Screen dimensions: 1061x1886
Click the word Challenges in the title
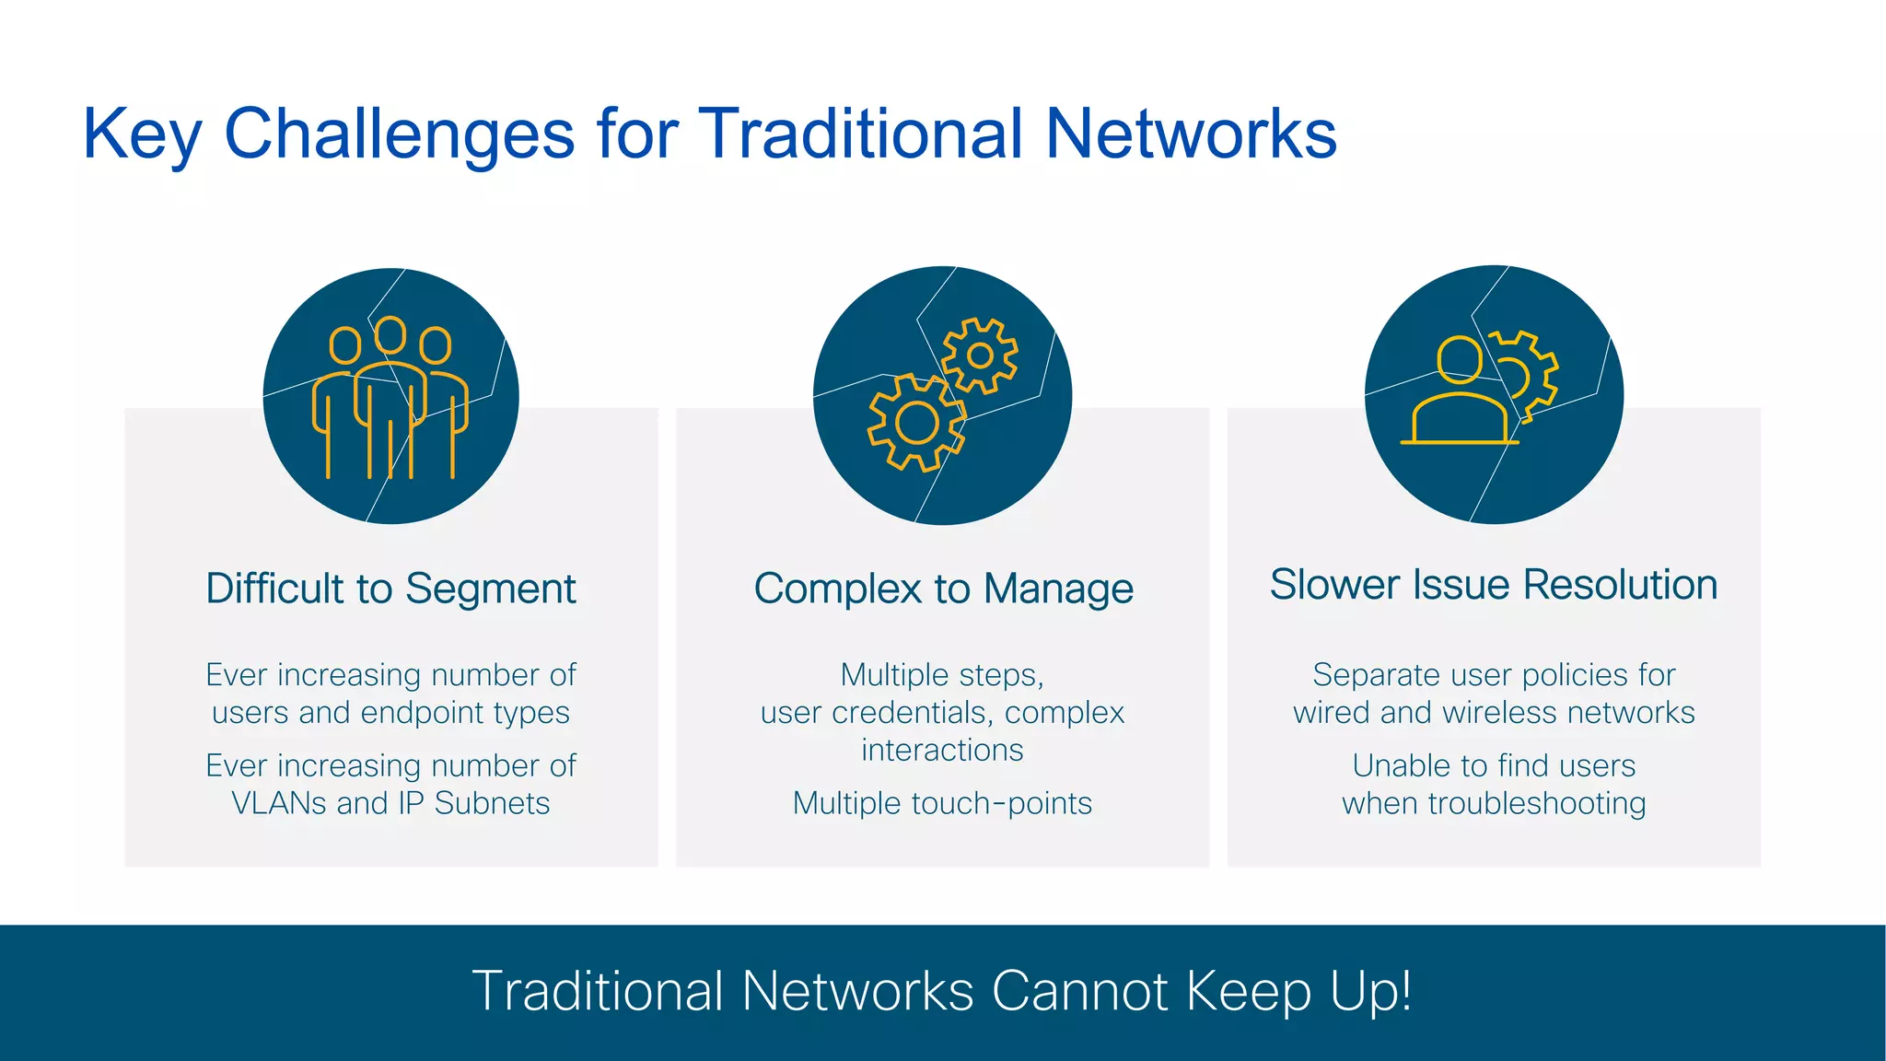[x=399, y=134]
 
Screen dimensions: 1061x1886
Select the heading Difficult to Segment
[x=390, y=589]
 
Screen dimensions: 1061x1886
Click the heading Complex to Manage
[x=943, y=589]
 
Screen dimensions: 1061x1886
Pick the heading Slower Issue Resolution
[x=1494, y=585]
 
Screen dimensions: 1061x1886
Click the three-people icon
[x=390, y=398]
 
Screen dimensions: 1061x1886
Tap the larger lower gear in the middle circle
[x=916, y=423]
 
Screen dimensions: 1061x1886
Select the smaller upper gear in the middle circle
[x=980, y=356]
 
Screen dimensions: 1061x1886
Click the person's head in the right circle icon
[x=1460, y=360]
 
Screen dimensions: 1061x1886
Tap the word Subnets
[x=492, y=803]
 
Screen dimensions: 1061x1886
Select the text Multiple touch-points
[x=942, y=803]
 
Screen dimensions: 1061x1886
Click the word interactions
[x=942, y=751]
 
